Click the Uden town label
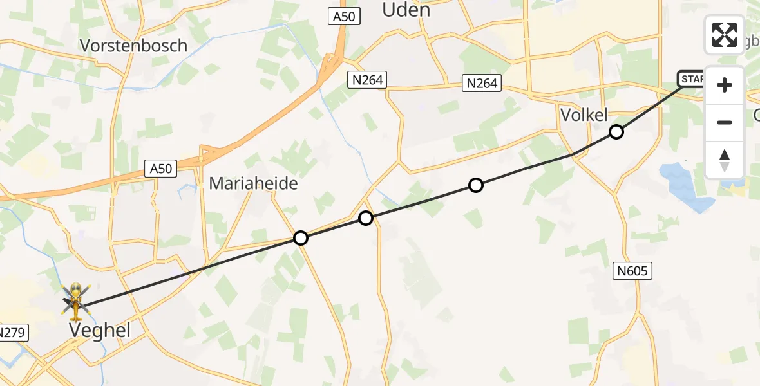click(x=406, y=10)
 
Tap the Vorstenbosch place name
click(x=133, y=46)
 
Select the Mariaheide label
click(x=253, y=183)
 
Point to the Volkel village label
click(x=584, y=116)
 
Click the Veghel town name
click(x=100, y=331)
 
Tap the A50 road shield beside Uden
click(x=344, y=17)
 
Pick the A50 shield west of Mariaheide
click(x=160, y=169)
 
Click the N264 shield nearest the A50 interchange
click(x=366, y=80)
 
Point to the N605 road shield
click(x=632, y=271)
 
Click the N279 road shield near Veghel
click(x=11, y=333)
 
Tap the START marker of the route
click(x=692, y=79)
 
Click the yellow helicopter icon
click(x=76, y=301)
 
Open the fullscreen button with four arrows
click(x=725, y=35)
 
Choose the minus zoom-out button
click(x=725, y=122)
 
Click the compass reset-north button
click(x=725, y=160)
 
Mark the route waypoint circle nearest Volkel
click(x=616, y=132)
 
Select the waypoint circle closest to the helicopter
click(x=301, y=238)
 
